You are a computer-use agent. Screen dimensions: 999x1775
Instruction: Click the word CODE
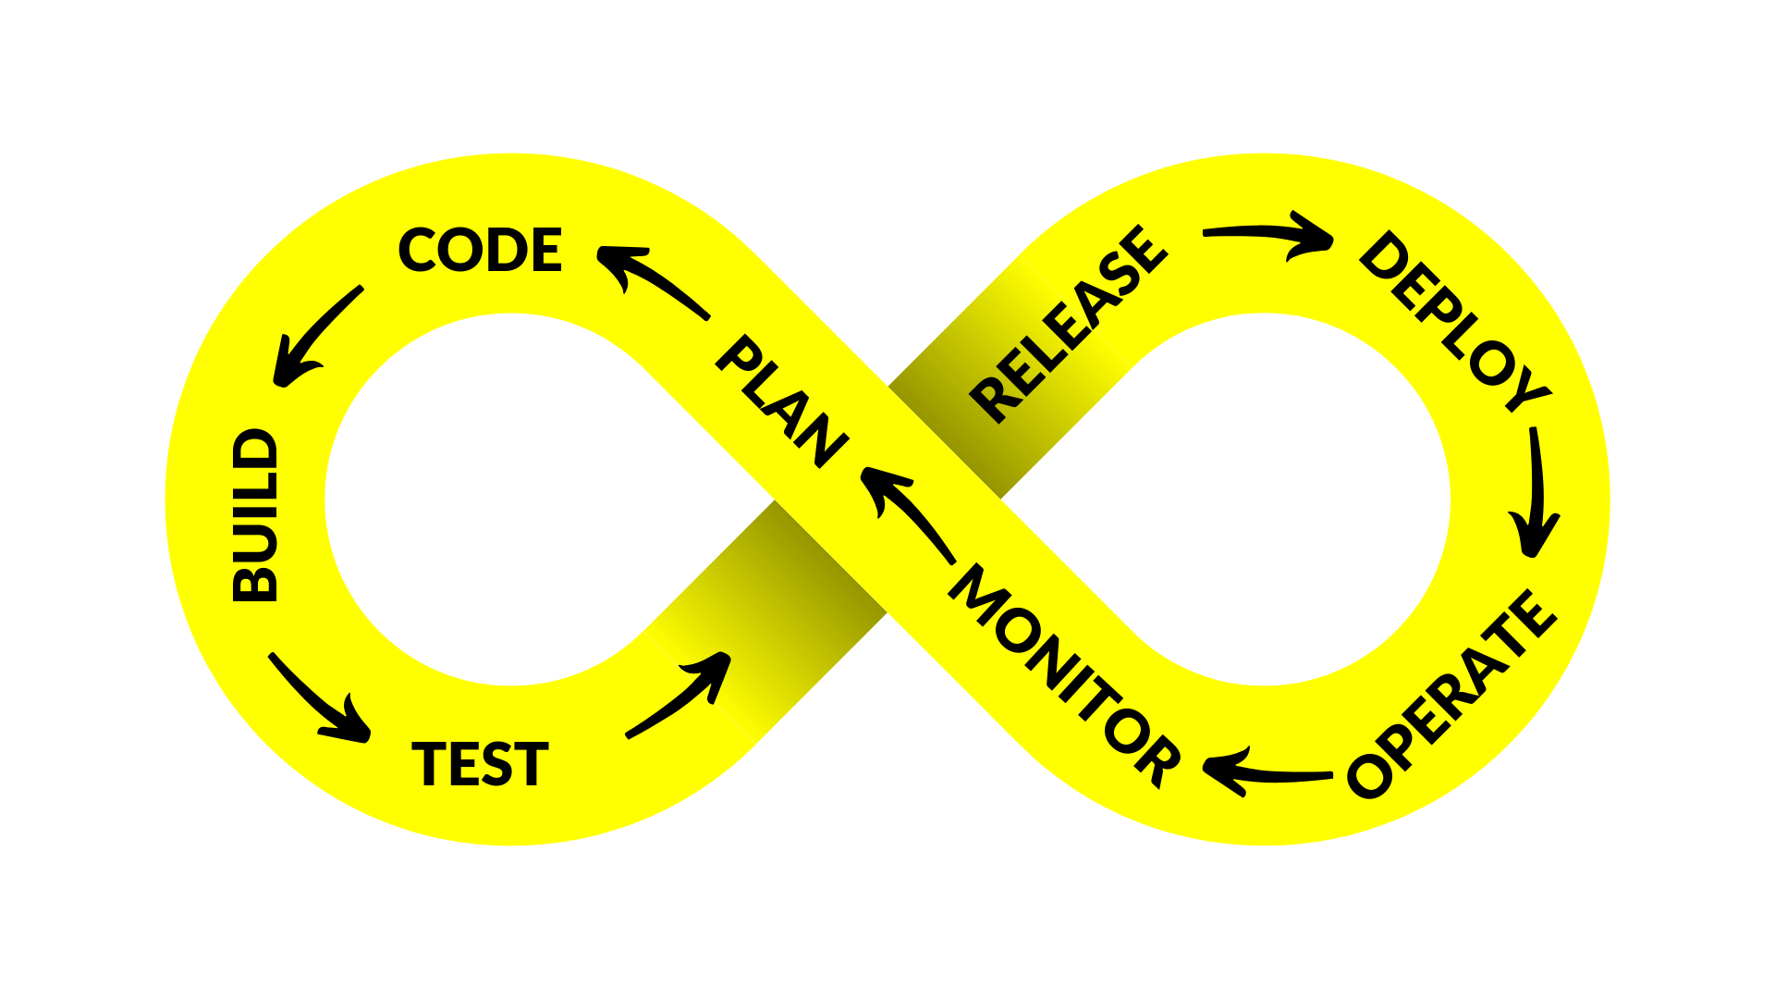[480, 250]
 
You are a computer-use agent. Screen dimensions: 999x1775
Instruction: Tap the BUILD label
[255, 515]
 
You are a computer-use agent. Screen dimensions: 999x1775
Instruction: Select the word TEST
[480, 764]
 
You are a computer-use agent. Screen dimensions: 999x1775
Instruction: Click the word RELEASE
[1069, 324]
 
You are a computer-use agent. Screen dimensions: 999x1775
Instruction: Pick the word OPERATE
[1452, 693]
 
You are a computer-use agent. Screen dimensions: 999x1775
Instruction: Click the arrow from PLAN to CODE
[651, 278]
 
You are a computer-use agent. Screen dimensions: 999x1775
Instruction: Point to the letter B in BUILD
[255, 582]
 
